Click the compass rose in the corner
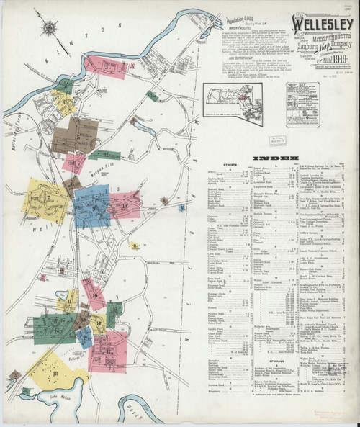click(x=50, y=28)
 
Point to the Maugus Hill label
click(x=101, y=173)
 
